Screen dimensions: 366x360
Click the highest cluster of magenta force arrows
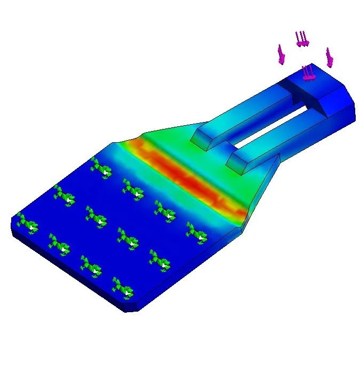pos(302,39)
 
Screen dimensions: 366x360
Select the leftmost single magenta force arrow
pos(281,55)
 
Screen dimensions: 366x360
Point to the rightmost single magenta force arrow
pos(330,57)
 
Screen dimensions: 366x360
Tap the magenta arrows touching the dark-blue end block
pos(308,73)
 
